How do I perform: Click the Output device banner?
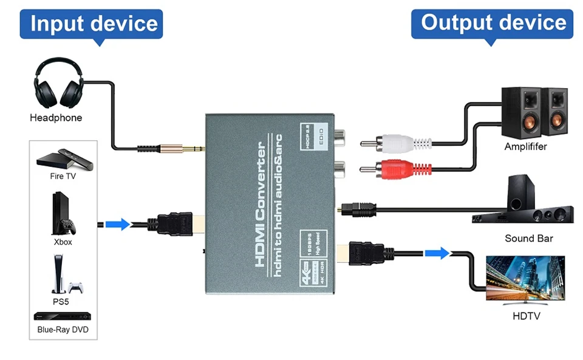click(x=493, y=24)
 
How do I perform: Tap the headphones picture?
click(x=58, y=86)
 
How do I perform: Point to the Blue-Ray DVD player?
click(x=63, y=316)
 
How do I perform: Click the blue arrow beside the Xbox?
click(x=118, y=224)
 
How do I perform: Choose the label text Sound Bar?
click(x=528, y=239)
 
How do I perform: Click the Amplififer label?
click(x=525, y=147)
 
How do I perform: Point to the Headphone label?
click(x=56, y=118)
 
